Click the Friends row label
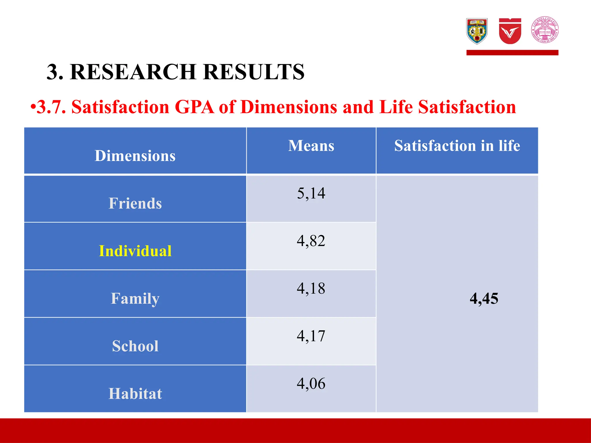pos(135,203)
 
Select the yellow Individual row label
pos(135,251)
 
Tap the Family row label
pos(135,299)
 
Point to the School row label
pos(135,346)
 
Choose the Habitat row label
pos(135,394)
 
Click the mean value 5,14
pos(311,193)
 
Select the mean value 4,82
pos(311,241)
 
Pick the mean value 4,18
pos(311,288)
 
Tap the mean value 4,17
pos(311,336)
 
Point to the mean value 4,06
pos(311,384)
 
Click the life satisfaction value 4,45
pos(484,299)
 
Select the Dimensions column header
pos(135,156)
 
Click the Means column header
pos(311,146)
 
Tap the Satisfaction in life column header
pos(457,146)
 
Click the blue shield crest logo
pos(477,31)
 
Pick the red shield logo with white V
pos(510,31)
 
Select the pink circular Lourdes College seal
pos(545,30)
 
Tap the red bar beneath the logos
pos(512,52)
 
